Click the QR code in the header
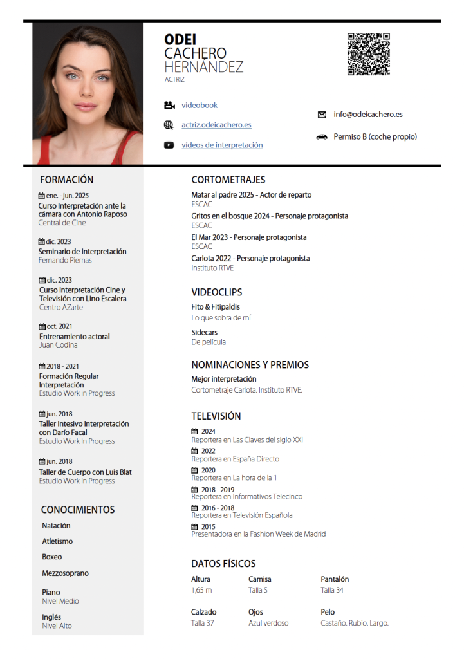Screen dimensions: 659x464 click(369, 54)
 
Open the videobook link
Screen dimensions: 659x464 click(200, 105)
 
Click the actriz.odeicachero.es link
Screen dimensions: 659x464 click(216, 125)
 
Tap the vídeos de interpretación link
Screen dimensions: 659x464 click(222, 145)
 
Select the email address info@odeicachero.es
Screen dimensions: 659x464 click(368, 115)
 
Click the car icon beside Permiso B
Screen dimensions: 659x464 click(322, 137)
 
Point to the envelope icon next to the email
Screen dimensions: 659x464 click(322, 115)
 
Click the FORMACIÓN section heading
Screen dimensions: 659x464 click(66, 180)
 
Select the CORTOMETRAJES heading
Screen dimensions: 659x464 click(228, 180)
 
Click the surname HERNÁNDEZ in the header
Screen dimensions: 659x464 click(203, 68)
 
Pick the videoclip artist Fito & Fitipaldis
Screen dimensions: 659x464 click(216, 307)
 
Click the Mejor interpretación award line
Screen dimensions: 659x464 click(224, 379)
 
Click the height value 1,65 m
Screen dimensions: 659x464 click(201, 590)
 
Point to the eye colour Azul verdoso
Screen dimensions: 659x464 click(268, 623)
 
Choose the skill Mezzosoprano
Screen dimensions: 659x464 click(66, 573)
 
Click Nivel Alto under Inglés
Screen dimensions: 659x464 click(57, 626)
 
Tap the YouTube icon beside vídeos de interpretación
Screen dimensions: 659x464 click(169, 145)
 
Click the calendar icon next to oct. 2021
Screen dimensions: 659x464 click(42, 326)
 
